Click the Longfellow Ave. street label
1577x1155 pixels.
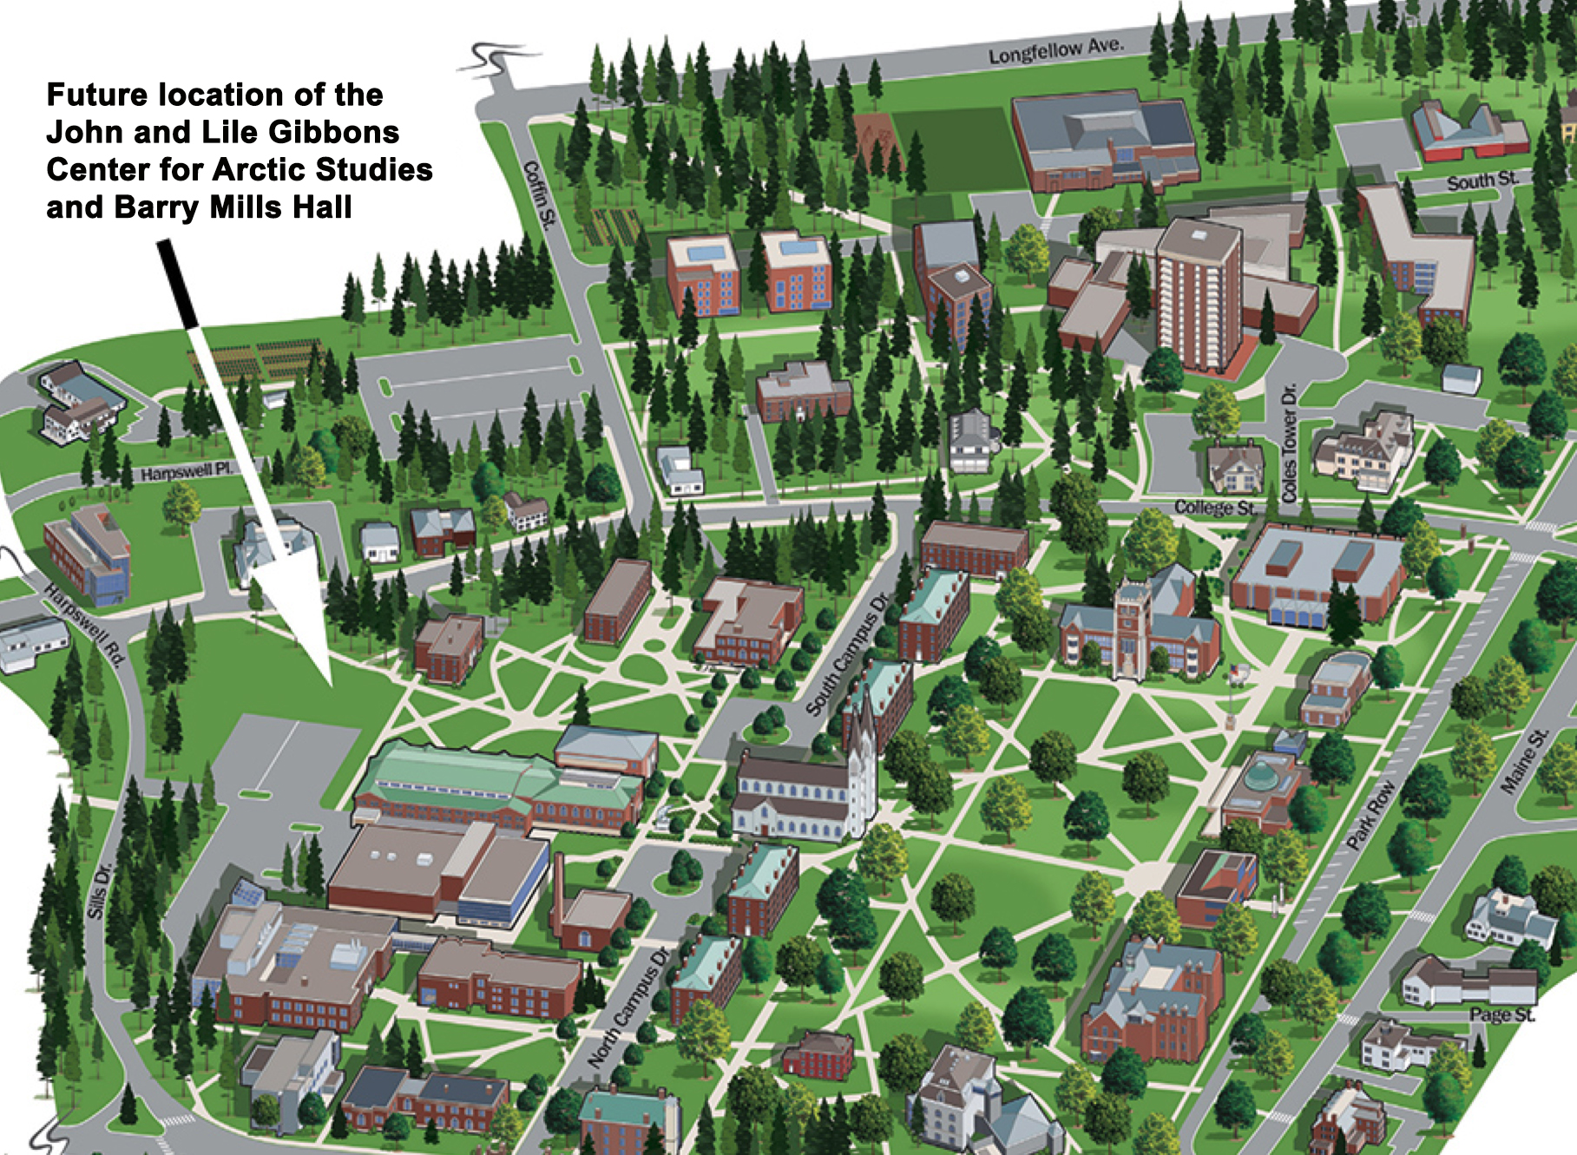(x=1055, y=50)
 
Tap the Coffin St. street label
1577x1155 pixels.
(x=539, y=194)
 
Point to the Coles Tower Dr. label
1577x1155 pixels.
(x=1290, y=443)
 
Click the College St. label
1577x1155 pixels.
(x=1214, y=508)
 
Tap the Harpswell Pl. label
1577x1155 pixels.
(x=187, y=472)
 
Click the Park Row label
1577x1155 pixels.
(x=1371, y=814)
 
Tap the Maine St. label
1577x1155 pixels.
(x=1525, y=761)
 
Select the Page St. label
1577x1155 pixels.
(x=1501, y=1014)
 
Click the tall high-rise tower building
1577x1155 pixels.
(x=1198, y=295)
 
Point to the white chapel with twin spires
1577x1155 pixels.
(x=798, y=790)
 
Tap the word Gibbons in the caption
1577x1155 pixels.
(x=333, y=132)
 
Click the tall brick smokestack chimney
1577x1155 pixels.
(x=558, y=894)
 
